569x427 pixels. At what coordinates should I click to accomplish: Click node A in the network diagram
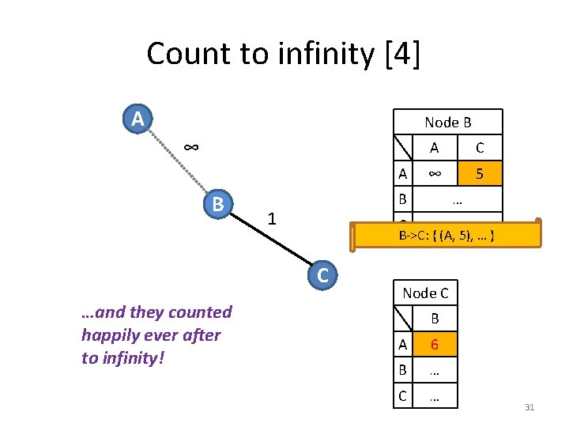(x=138, y=119)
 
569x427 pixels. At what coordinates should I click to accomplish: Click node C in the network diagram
(x=322, y=275)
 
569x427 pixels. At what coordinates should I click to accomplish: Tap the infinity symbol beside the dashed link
(x=190, y=147)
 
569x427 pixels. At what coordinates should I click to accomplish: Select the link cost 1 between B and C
(x=271, y=217)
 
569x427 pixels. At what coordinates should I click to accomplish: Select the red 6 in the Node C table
(x=434, y=344)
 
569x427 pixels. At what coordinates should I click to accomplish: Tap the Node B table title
(x=447, y=122)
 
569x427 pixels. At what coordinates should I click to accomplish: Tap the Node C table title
(x=425, y=293)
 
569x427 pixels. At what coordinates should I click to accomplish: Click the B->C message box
(x=446, y=236)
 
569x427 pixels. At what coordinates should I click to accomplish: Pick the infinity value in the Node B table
(x=434, y=173)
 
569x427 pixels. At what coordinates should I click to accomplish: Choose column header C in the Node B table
(x=479, y=147)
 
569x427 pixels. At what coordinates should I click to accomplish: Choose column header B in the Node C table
(x=434, y=319)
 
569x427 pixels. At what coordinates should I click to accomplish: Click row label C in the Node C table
(x=403, y=395)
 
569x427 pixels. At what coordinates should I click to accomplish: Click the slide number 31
(x=529, y=407)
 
